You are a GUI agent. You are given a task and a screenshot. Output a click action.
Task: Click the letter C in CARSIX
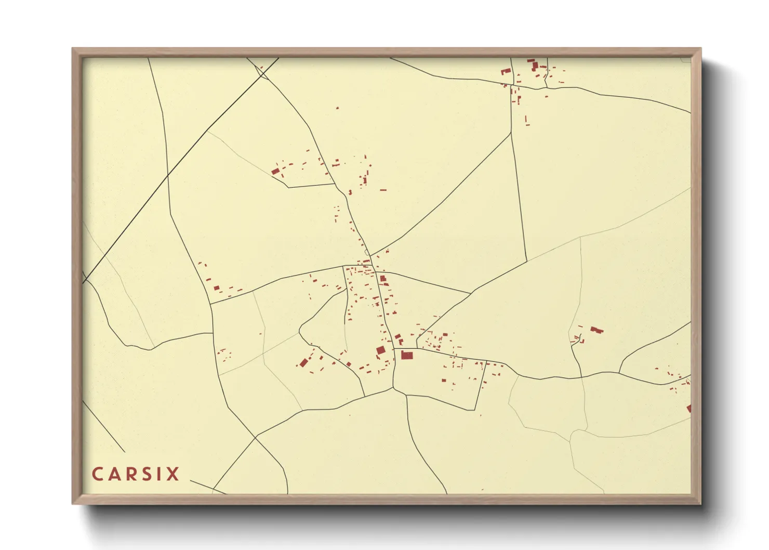pyautogui.click(x=97, y=474)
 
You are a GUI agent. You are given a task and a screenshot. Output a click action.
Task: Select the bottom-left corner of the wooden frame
pyautogui.click(x=73, y=503)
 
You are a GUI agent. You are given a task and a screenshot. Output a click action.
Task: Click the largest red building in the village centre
pyautogui.click(x=407, y=356)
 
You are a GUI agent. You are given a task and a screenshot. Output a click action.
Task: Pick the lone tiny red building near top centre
pyautogui.click(x=337, y=108)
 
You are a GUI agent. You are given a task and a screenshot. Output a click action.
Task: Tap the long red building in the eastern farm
pyautogui.click(x=596, y=330)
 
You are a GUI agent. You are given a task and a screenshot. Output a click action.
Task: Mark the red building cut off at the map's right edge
pyautogui.click(x=689, y=409)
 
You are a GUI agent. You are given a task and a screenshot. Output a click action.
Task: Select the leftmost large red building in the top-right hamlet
pyautogui.click(x=505, y=71)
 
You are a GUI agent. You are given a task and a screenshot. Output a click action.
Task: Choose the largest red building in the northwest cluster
pyautogui.click(x=275, y=171)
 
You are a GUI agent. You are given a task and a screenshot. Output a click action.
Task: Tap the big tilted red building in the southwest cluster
pyautogui.click(x=303, y=363)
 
